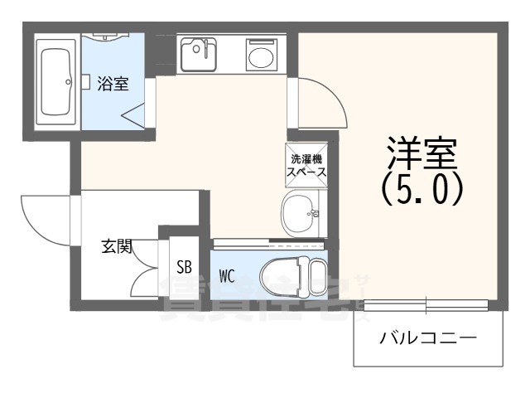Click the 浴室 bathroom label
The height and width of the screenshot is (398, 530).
(x=113, y=84)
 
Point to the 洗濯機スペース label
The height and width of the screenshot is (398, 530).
(x=306, y=166)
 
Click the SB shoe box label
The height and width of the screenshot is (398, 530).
(x=185, y=269)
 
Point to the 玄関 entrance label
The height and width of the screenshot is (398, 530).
(x=118, y=245)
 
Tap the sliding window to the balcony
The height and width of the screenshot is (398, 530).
(x=427, y=305)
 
